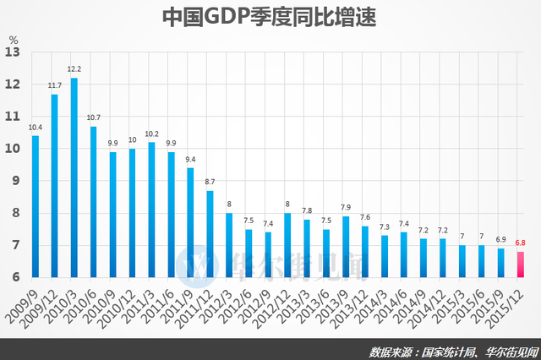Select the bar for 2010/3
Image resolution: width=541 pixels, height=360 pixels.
74,177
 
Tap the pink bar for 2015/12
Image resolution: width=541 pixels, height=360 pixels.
521,264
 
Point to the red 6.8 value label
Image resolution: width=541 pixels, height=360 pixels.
521,243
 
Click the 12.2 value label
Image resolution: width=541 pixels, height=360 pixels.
74,69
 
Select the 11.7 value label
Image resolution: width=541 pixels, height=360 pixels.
55,85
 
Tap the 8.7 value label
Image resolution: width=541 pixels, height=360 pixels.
210,182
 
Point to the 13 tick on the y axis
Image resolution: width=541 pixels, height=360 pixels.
13,52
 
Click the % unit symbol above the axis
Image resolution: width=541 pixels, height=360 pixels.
13,39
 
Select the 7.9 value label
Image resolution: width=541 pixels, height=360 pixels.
346,207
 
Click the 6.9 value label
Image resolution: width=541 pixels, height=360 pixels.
501,239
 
